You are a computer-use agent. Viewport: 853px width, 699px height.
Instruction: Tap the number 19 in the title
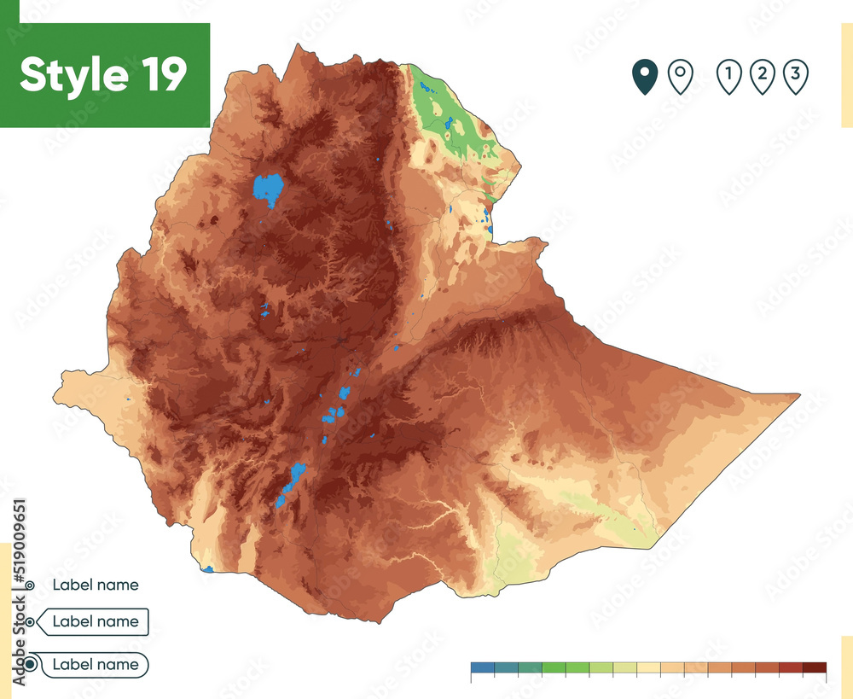coord(159,75)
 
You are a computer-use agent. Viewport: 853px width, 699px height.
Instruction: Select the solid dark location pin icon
coord(645,77)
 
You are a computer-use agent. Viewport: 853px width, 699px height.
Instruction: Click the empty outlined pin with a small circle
coord(679,77)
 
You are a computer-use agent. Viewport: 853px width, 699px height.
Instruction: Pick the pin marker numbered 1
coord(728,77)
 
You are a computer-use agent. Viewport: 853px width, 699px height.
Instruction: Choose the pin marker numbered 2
coord(762,77)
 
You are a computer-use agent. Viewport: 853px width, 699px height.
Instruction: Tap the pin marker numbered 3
coord(795,77)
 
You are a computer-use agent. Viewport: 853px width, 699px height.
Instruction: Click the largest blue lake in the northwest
coord(268,189)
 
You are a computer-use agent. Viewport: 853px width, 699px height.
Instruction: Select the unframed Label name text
coord(95,585)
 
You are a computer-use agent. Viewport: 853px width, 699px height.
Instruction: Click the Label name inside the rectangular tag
coord(95,621)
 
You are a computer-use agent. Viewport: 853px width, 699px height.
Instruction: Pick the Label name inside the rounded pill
coord(95,664)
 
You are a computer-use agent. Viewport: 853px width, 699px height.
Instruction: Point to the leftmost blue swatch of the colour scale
coord(482,667)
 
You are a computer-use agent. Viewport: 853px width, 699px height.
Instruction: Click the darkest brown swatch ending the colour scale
coord(815,667)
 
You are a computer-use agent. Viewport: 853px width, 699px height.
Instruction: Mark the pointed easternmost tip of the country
coord(798,395)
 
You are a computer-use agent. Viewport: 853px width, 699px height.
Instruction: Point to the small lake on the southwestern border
coord(208,568)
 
